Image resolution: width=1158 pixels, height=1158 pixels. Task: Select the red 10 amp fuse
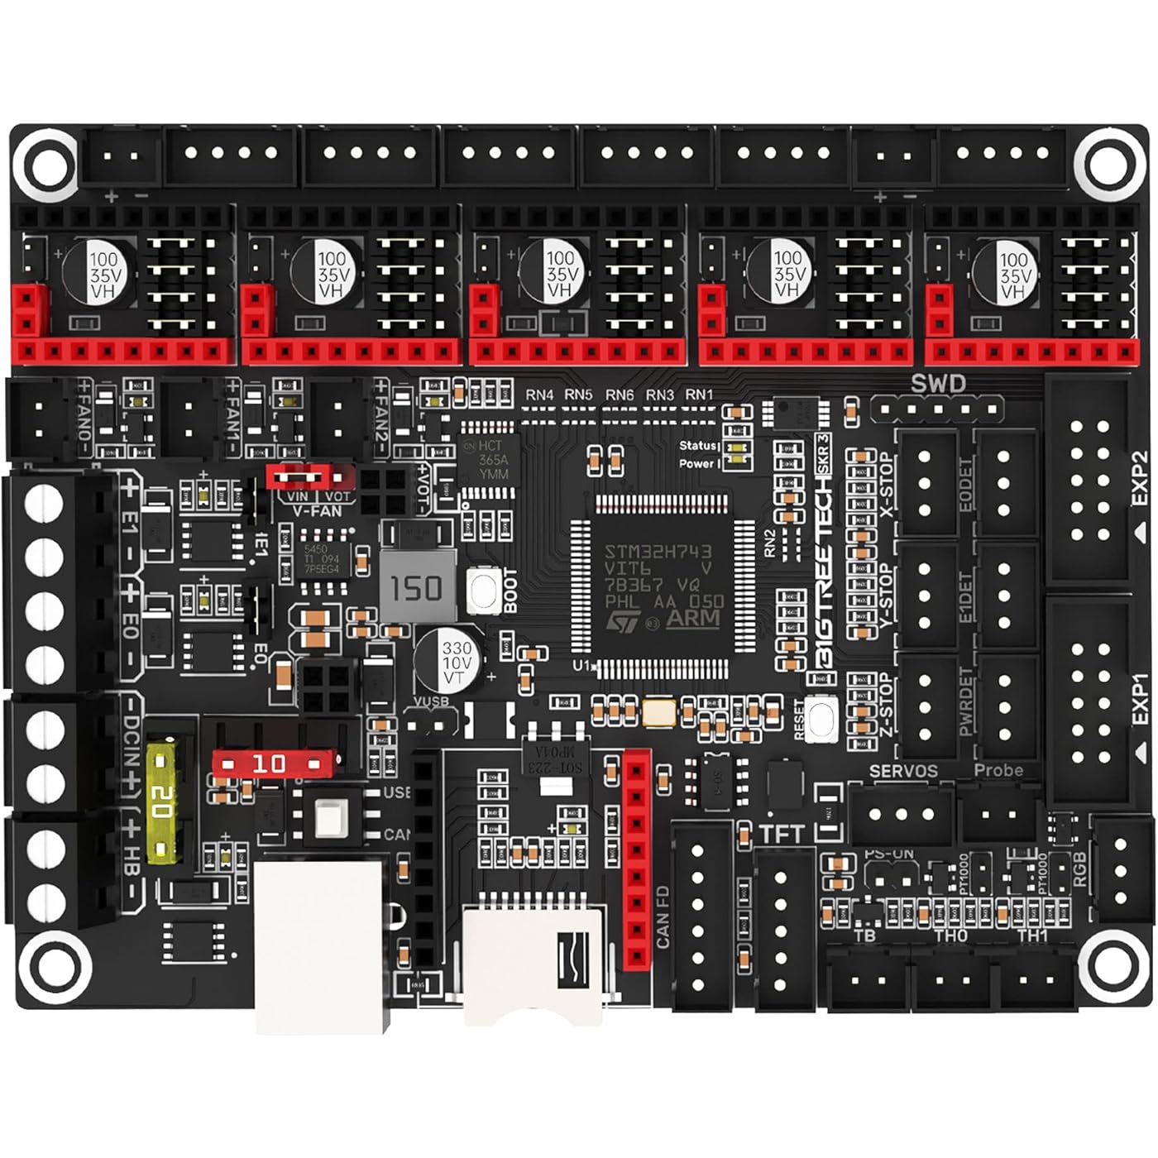(x=273, y=763)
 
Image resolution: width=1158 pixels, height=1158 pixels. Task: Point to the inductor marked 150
(x=417, y=588)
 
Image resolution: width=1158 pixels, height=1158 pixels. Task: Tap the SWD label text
(x=938, y=384)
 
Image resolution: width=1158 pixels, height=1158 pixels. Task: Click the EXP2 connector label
(x=1139, y=477)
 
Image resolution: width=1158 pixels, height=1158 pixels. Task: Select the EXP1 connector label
(x=1139, y=700)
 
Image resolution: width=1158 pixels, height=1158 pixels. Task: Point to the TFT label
(x=782, y=834)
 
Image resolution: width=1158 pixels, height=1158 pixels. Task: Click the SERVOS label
(x=903, y=771)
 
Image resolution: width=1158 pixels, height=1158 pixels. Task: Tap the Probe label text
(x=998, y=770)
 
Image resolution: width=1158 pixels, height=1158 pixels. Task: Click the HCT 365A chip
(x=491, y=460)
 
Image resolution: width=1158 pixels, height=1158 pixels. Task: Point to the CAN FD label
(x=663, y=916)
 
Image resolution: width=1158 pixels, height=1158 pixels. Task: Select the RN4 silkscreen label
(x=539, y=395)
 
